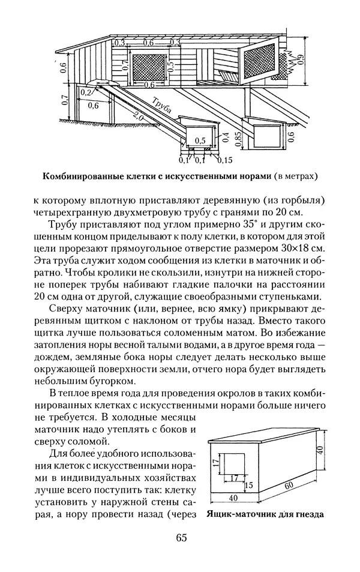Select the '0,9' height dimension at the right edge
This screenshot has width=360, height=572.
pos(300,59)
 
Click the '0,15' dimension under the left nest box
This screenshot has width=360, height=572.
pos(225,160)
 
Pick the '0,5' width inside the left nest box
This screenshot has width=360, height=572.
pos(200,141)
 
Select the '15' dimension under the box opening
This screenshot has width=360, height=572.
pos(248,485)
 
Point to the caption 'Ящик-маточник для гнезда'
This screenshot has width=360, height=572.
pos(264,514)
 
